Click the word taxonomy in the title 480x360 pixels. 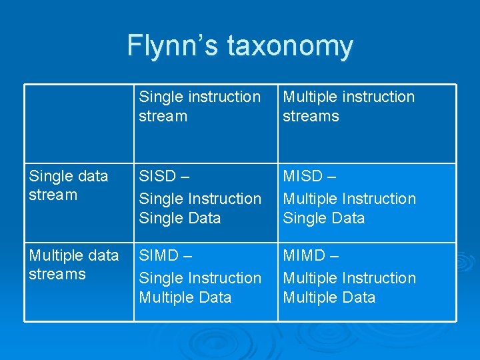pyautogui.click(x=290, y=47)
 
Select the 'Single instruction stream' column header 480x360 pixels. pyautogui.click(x=199, y=107)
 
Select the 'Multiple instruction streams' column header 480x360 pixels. pyautogui.click(x=349, y=107)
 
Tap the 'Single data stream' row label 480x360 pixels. pyautogui.click(x=68, y=185)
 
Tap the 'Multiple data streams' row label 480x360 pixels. pyautogui.click(x=73, y=265)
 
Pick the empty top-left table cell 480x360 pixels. pyautogui.click(x=79, y=123)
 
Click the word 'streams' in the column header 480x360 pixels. pyautogui.click(x=311, y=117)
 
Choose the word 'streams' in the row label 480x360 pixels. pyautogui.click(x=57, y=274)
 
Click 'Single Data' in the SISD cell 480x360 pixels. pyautogui.click(x=179, y=218)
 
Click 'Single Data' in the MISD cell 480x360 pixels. pyautogui.click(x=324, y=218)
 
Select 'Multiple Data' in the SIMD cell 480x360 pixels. pyautogui.click(x=185, y=297)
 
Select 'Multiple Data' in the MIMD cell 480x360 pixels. pyautogui.click(x=329, y=297)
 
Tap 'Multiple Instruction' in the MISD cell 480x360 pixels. pyautogui.click(x=349, y=199)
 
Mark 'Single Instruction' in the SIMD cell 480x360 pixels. pyautogui.click(x=200, y=278)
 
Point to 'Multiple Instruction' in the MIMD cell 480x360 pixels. pyautogui.click(x=349, y=278)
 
